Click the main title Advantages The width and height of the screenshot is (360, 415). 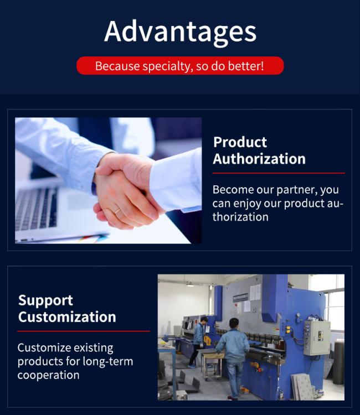[x=180, y=32]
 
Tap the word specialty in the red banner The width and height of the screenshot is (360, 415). [x=166, y=66]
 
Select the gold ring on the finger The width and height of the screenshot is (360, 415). [x=117, y=211]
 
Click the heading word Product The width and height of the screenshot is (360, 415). [x=240, y=142]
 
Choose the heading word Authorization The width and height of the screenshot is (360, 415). [x=259, y=159]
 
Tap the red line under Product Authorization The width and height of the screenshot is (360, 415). [x=279, y=173]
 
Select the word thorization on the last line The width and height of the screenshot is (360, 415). [x=240, y=217]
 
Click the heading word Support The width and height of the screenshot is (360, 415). [x=45, y=300]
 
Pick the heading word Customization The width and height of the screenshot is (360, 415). [x=67, y=317]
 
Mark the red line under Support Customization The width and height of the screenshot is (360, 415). [x=84, y=331]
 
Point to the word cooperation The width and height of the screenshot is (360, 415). [x=49, y=375]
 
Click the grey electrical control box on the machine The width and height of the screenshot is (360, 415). [x=317, y=338]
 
